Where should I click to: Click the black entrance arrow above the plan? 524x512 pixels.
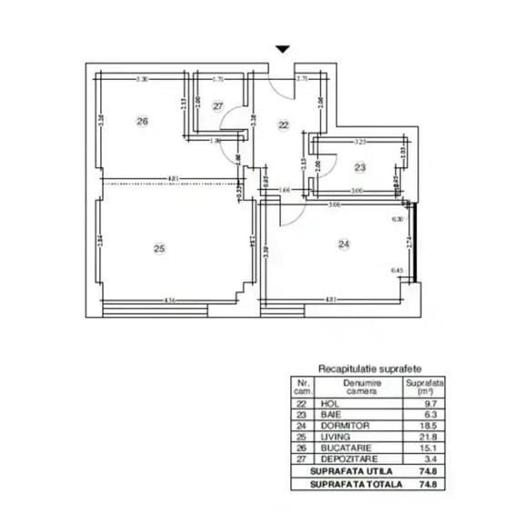283,50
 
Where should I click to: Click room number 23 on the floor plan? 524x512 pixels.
360,166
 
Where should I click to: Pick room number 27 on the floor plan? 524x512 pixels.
218,106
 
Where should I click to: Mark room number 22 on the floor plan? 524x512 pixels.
284,125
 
